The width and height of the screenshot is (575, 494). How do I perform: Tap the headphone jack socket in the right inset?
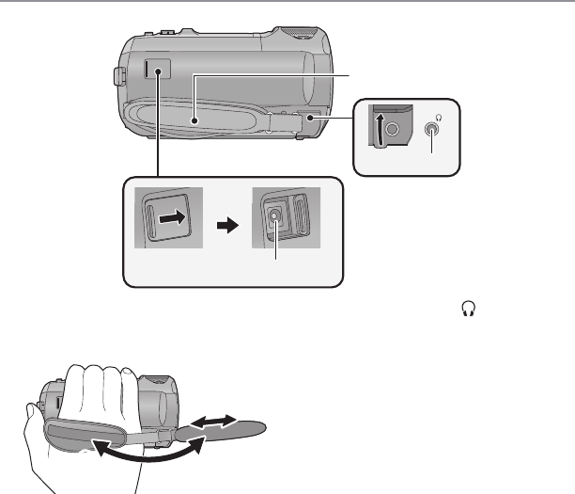(432, 130)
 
